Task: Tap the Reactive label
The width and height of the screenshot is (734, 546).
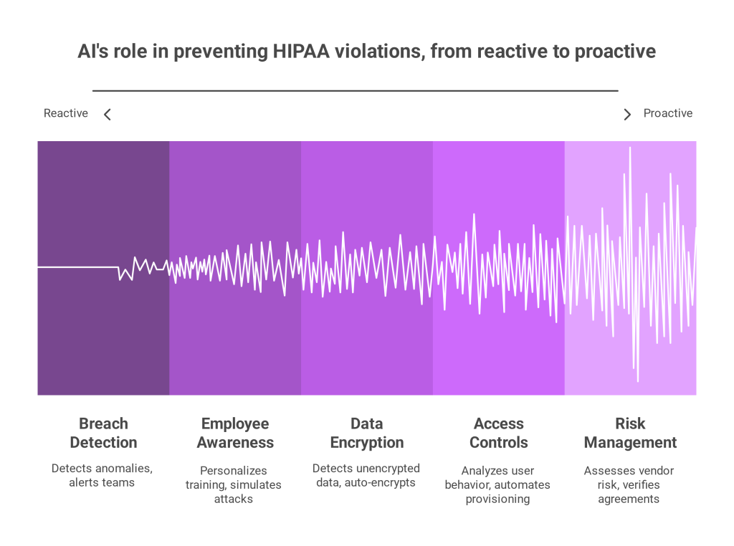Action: pos(65,113)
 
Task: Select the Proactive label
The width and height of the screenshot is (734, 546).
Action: pos(667,113)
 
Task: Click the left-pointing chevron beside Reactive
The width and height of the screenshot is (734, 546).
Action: pos(108,115)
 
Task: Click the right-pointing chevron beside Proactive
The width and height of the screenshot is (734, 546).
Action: pos(627,115)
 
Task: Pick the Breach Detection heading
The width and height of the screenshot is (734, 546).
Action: pos(103,433)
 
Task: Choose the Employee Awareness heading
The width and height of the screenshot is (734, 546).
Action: pos(235,433)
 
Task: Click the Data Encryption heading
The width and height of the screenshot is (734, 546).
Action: pos(367,433)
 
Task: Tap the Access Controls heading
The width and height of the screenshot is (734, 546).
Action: pos(499,433)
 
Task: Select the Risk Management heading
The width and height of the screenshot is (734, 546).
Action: pos(630,433)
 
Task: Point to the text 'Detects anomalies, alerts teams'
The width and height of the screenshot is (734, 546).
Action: pos(102,475)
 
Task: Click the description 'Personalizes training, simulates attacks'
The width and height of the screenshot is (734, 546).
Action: pos(233,484)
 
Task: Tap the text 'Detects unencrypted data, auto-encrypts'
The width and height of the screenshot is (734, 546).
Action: pos(366,475)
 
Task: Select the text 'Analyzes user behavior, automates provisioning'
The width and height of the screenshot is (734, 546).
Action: pos(497,484)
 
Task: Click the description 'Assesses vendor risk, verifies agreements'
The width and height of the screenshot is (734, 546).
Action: pos(629,484)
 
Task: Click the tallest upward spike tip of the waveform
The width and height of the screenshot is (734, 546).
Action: pos(630,148)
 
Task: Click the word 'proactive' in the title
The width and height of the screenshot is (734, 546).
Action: pos(615,52)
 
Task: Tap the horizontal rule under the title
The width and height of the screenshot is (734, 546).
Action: pos(356,90)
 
